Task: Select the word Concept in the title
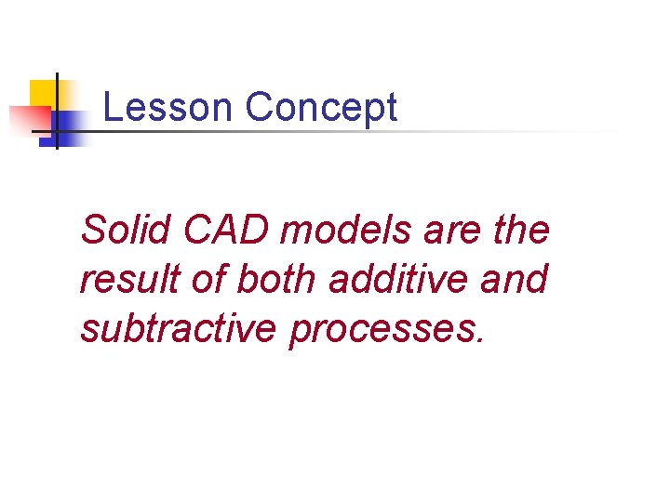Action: point(321,108)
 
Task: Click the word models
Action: point(345,230)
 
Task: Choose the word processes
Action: point(382,331)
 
